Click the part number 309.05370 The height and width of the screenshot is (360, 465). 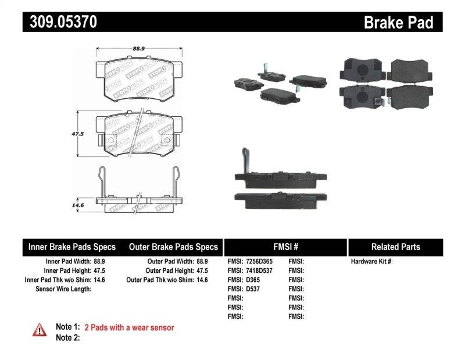pyautogui.click(x=60, y=22)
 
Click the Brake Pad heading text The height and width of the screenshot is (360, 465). pyautogui.click(x=398, y=23)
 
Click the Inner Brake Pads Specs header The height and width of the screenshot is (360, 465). pyautogui.click(x=72, y=247)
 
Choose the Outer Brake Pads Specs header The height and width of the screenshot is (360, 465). pyautogui.click(x=173, y=247)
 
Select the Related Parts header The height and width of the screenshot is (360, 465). pyautogui.click(x=395, y=247)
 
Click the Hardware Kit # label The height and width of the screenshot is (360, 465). pyautogui.click(x=371, y=262)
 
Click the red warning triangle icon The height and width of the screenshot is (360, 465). pyautogui.click(x=39, y=330)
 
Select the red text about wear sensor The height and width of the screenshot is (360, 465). pyautogui.click(x=129, y=327)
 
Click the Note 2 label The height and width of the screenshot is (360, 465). pyautogui.click(x=67, y=337)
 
